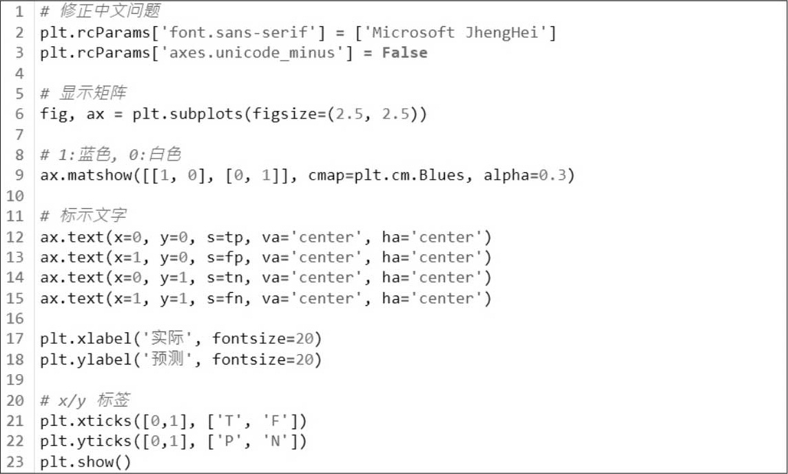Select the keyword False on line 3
point(404,53)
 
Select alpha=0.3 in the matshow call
point(529,176)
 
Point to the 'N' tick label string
point(273,442)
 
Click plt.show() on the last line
point(85,462)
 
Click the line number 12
point(16,238)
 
